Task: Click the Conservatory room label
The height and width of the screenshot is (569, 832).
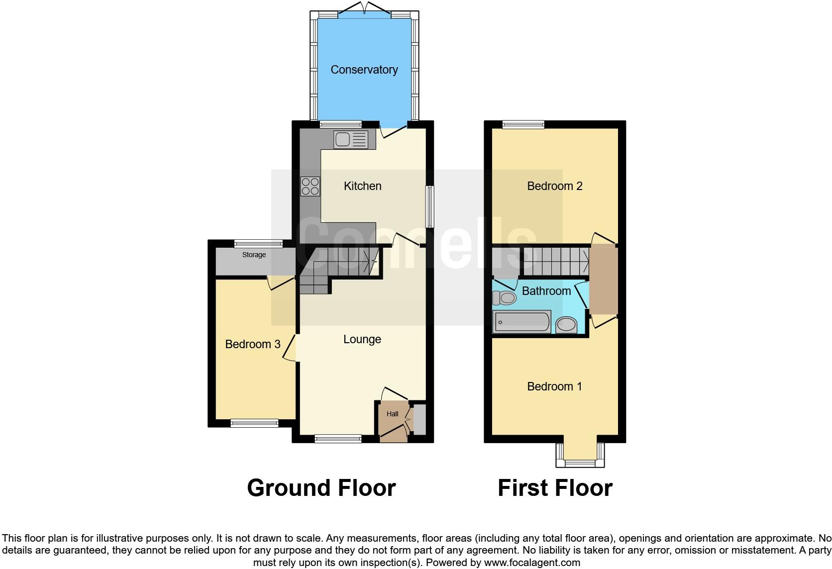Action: pyautogui.click(x=364, y=70)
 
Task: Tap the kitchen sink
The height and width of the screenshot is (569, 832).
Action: pyautogui.click(x=351, y=139)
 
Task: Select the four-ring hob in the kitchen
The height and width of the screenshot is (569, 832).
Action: pyautogui.click(x=310, y=187)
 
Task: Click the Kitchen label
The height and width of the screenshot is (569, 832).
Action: pyautogui.click(x=362, y=186)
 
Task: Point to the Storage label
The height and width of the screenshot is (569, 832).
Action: pyautogui.click(x=254, y=255)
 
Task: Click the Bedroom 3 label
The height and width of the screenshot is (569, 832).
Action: pyautogui.click(x=252, y=344)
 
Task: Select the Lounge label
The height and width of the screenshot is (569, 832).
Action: pyautogui.click(x=362, y=339)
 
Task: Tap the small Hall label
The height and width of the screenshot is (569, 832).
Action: pyautogui.click(x=392, y=414)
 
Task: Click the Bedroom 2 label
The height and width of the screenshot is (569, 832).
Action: pyautogui.click(x=554, y=186)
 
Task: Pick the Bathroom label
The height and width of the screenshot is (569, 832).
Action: pyautogui.click(x=546, y=291)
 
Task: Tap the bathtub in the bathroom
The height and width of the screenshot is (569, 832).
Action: pyautogui.click(x=521, y=322)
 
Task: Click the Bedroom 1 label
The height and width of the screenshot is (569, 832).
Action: pyautogui.click(x=554, y=386)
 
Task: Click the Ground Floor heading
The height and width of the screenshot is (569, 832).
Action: pyautogui.click(x=321, y=488)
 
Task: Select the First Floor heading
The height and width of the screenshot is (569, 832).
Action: pyautogui.click(x=555, y=488)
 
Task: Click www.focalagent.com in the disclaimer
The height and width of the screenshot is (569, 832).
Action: pyautogui.click(x=532, y=563)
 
